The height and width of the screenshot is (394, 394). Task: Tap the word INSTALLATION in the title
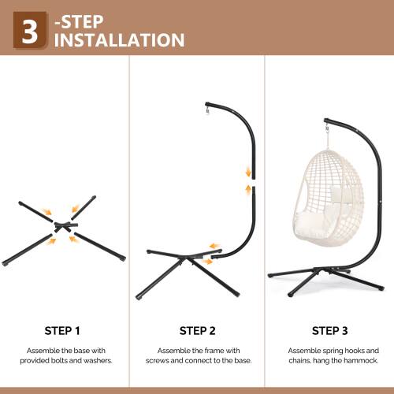click(119, 40)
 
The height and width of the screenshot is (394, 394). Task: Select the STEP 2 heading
click(196, 330)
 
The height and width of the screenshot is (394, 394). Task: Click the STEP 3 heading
click(329, 330)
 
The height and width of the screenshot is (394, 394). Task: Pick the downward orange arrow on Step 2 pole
click(249, 172)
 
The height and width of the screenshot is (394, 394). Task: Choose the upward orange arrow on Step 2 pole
click(249, 190)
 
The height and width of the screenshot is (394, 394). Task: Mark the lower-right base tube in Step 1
click(100, 247)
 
